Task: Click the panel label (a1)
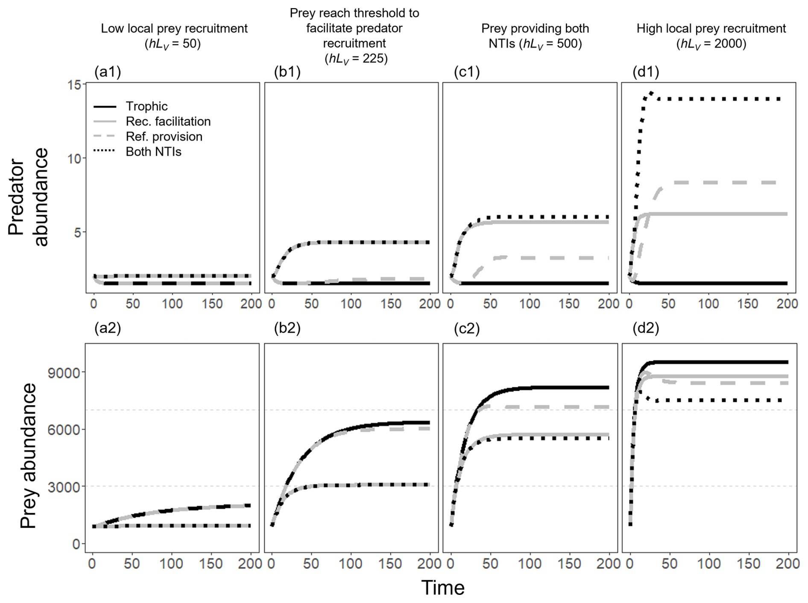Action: point(108,72)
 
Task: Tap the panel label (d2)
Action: point(646,328)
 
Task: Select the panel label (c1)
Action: point(467,72)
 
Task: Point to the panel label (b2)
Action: point(287,328)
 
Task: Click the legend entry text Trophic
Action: point(146,106)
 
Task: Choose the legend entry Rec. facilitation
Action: point(168,122)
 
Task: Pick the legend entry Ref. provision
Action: point(164,137)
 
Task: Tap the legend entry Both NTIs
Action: point(153,152)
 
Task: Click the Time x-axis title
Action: point(443,588)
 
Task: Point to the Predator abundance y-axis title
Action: point(28,197)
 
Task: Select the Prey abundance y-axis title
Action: point(28,456)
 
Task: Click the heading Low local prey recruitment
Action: point(174,29)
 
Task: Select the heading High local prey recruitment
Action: point(711,29)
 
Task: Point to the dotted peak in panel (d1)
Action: point(651,93)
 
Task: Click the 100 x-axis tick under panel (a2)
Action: point(172,564)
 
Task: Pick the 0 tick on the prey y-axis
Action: point(76,544)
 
